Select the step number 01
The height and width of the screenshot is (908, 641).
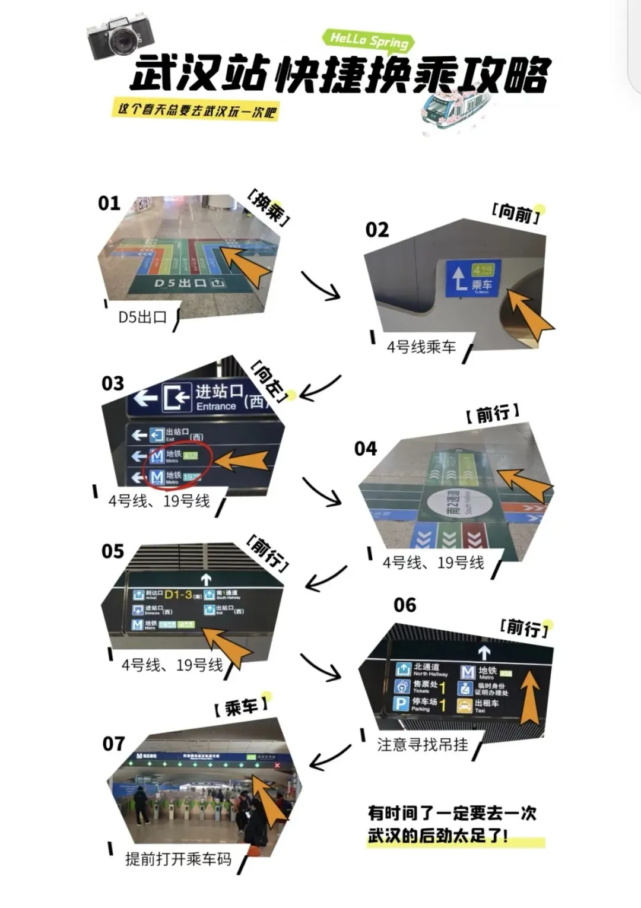tap(109, 204)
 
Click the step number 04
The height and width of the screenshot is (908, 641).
tap(366, 449)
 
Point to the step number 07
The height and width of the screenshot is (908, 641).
tap(113, 743)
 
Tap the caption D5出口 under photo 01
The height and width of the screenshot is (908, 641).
tap(142, 317)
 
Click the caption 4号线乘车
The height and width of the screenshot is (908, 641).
tap(421, 347)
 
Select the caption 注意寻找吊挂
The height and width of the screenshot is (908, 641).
tap(423, 744)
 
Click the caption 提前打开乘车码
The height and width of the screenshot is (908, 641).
tap(178, 859)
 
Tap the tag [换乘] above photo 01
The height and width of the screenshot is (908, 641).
tap(269, 208)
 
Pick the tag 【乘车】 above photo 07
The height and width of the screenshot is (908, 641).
tap(240, 706)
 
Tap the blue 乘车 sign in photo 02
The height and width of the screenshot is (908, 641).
tap(473, 278)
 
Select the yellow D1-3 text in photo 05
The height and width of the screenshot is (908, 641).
tap(178, 594)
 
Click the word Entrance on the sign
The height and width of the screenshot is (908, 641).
tap(216, 407)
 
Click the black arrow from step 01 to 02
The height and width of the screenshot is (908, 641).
tap(320, 285)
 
